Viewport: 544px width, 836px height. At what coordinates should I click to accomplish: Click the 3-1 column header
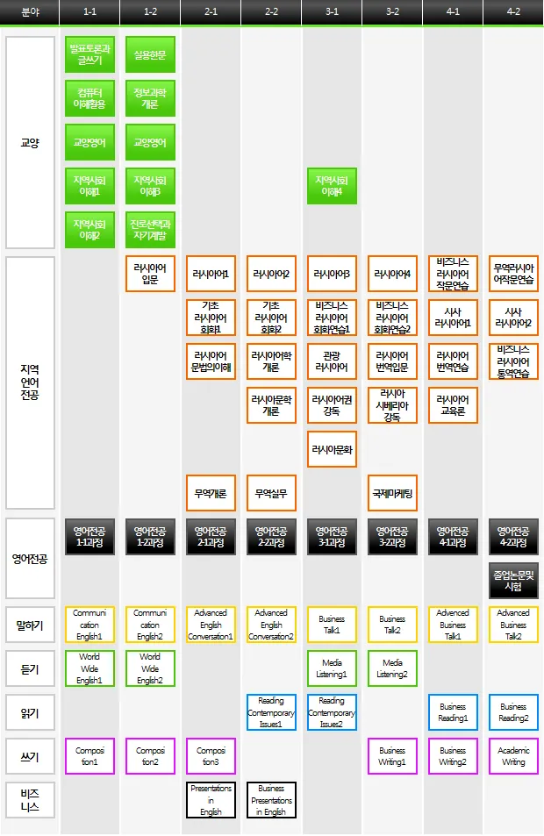click(332, 12)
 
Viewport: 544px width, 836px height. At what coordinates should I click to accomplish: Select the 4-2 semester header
click(513, 12)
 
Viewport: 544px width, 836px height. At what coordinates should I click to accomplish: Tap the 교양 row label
click(30, 142)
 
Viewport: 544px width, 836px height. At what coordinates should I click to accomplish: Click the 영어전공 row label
click(30, 558)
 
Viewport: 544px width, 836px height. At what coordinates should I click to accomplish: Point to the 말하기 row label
click(30, 625)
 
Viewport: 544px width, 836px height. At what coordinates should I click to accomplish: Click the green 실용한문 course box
click(150, 54)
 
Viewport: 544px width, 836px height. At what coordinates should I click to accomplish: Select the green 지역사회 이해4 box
click(332, 186)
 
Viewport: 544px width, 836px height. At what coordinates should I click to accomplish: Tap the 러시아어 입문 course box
click(150, 274)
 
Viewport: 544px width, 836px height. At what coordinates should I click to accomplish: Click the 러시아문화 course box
click(332, 449)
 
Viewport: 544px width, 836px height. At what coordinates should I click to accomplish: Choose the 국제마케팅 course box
click(392, 493)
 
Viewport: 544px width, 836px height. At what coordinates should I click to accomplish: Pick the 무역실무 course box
click(271, 493)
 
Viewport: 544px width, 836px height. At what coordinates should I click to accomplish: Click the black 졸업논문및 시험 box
click(513, 581)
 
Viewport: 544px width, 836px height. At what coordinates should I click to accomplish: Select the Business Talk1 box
click(332, 625)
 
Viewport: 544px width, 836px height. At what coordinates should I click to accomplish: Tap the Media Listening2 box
click(392, 668)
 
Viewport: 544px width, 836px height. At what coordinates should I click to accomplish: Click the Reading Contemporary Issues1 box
click(271, 712)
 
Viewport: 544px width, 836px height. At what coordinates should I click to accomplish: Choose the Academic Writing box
click(513, 756)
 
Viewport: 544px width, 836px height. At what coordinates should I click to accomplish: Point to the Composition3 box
click(211, 756)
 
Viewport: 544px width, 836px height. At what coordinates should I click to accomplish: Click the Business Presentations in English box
click(271, 800)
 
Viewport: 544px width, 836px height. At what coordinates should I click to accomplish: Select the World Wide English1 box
click(89, 668)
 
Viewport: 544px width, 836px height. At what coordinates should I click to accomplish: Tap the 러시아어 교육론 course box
click(453, 405)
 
